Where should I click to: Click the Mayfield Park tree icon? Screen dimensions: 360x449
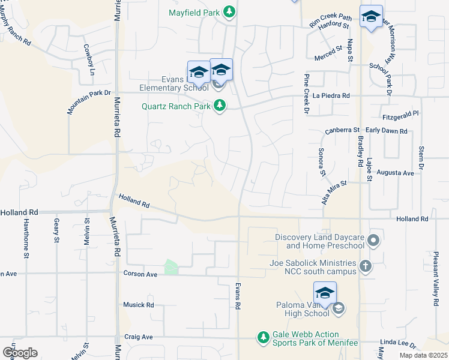click(229, 11)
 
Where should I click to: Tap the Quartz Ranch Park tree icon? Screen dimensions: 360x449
click(220, 106)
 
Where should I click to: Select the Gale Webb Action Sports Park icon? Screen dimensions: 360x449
click(263, 338)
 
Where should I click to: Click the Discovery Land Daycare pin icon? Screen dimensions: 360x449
click(373, 241)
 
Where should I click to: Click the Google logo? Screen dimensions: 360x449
click(19, 353)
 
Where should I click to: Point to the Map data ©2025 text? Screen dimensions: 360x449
click(423, 355)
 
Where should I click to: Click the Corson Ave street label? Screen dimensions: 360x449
click(139, 274)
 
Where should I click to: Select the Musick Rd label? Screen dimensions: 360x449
click(138, 305)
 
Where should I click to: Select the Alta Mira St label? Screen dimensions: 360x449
click(334, 192)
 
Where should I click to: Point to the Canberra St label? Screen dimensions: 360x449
click(342, 130)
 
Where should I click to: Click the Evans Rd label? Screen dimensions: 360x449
click(238, 296)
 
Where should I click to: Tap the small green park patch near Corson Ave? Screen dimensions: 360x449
click(172, 267)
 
